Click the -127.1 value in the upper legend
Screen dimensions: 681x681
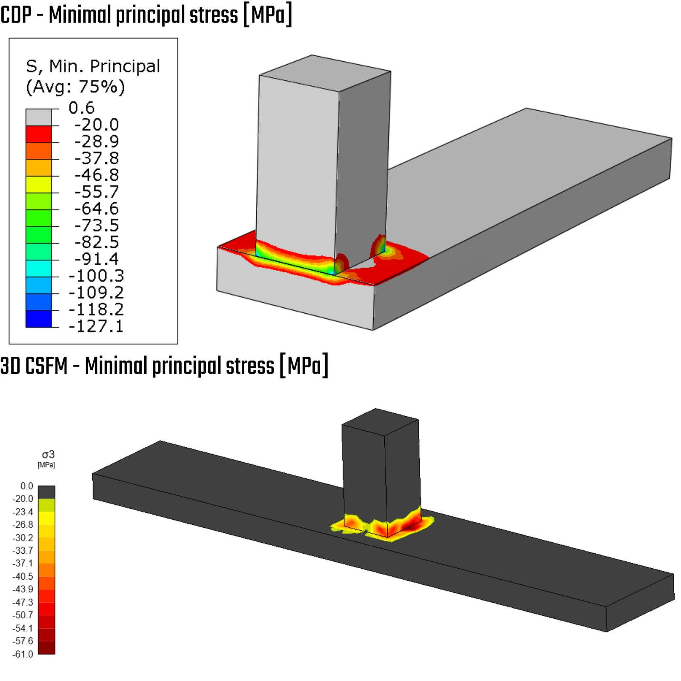click(x=96, y=326)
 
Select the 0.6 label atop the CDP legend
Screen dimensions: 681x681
click(x=81, y=108)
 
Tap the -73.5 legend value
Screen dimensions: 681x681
click(x=97, y=225)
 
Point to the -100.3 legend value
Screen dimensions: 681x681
click(x=96, y=276)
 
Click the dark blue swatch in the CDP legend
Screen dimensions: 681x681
click(x=39, y=319)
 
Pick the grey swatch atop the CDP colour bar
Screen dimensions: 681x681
click(x=39, y=117)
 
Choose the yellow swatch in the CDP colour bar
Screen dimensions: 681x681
click(x=39, y=184)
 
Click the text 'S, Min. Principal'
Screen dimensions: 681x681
click(x=93, y=66)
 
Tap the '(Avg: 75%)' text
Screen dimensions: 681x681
click(x=75, y=87)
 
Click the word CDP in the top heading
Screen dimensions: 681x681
click(x=16, y=15)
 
